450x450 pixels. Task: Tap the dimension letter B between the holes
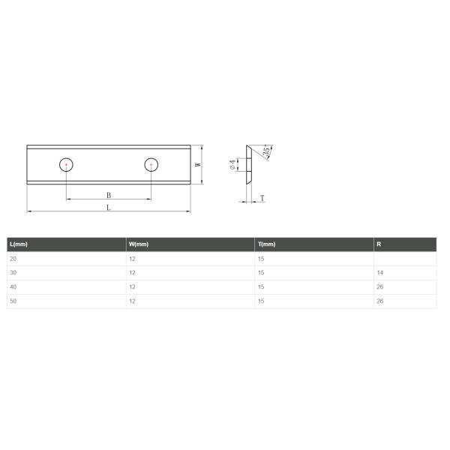(x=109, y=195)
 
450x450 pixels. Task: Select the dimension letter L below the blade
(x=109, y=208)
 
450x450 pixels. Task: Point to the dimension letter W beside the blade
(x=198, y=165)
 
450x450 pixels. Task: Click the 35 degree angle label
(x=266, y=151)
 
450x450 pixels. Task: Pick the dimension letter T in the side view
(x=262, y=198)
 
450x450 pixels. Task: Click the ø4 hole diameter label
(x=232, y=165)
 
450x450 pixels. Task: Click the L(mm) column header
(x=19, y=244)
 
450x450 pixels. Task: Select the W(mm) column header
(x=139, y=244)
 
